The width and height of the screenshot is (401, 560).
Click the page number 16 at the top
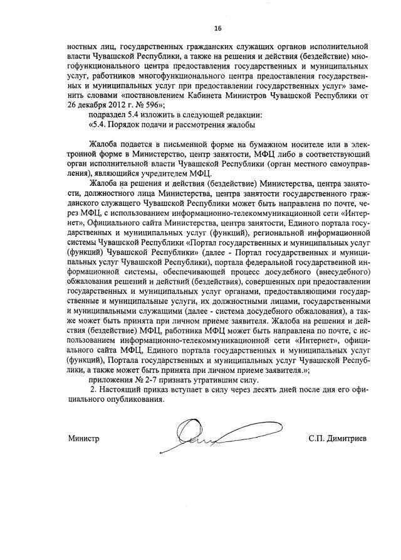(218, 28)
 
